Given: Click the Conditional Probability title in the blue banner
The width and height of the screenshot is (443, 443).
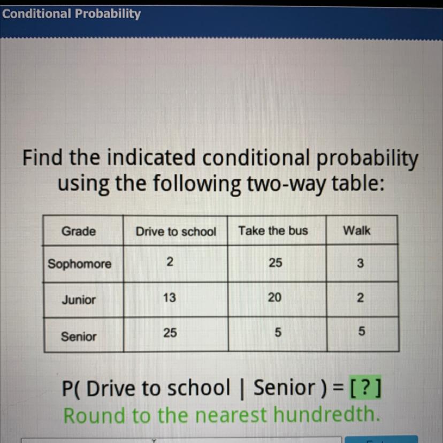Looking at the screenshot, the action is click(72, 13).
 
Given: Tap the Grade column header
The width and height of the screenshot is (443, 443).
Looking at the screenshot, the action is click(79, 231).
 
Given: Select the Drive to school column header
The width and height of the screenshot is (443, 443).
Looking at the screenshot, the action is click(175, 231).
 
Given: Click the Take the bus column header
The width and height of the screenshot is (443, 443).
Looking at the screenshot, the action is click(273, 231).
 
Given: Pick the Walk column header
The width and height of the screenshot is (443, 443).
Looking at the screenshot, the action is click(356, 231).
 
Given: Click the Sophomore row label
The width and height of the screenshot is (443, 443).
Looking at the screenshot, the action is click(79, 264).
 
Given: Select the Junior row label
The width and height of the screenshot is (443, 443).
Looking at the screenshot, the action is click(79, 300).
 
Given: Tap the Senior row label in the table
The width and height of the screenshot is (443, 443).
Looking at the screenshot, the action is click(79, 337).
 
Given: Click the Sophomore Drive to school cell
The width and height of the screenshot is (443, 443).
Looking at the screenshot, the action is click(170, 262).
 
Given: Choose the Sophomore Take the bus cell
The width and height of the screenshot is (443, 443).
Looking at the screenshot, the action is click(275, 263).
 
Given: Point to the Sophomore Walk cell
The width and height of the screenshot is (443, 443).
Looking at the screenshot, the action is click(360, 263).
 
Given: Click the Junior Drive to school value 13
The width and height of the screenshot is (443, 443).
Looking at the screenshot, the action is click(169, 297).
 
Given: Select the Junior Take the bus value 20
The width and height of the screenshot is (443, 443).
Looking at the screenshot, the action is click(274, 297).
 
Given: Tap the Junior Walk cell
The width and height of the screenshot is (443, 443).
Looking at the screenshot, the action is click(360, 298).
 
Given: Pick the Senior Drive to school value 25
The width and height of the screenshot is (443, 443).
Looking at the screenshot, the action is click(170, 333).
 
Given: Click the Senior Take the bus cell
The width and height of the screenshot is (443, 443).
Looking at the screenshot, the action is click(278, 332).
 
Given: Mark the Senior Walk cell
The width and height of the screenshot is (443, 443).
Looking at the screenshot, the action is click(361, 331).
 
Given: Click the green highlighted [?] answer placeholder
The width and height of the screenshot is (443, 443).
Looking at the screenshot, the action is click(365, 387).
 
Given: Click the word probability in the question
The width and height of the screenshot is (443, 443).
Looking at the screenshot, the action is click(367, 158).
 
